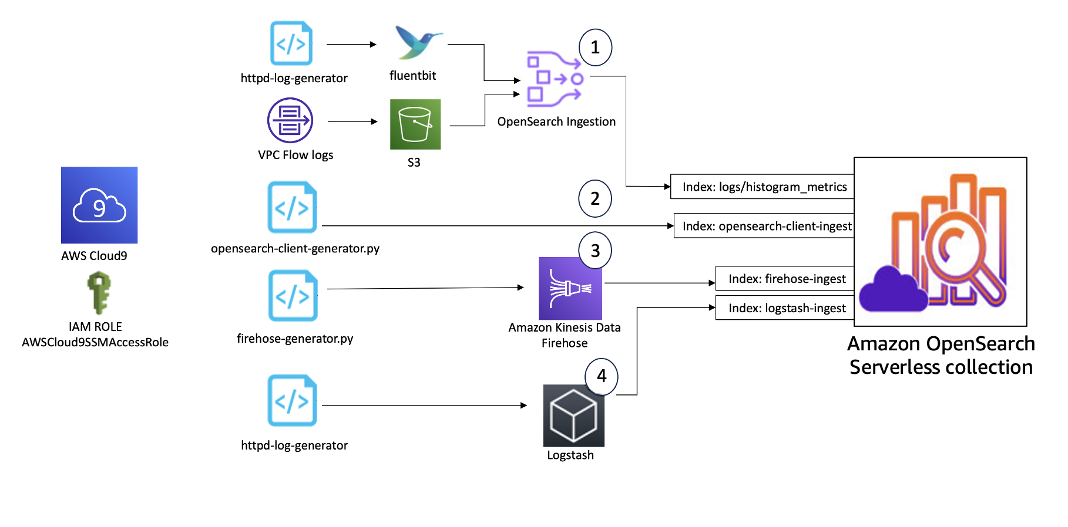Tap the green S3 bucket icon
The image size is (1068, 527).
415,124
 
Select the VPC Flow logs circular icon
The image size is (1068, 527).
290,120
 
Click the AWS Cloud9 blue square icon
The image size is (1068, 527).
99,205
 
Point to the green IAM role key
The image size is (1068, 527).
99,292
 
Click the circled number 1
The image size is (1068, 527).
595,48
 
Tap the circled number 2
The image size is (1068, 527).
595,198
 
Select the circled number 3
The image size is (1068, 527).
595,251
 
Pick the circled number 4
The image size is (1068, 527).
601,376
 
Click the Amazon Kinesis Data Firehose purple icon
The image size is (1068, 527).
570,289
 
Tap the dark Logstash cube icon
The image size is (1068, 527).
573,416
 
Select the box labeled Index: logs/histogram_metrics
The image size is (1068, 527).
764,187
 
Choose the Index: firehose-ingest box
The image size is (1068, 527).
786,279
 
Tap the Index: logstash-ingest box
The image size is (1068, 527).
786,308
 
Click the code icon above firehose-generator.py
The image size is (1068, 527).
293,296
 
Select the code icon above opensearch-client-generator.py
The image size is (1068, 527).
292,207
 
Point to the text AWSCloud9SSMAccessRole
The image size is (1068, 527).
95,342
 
